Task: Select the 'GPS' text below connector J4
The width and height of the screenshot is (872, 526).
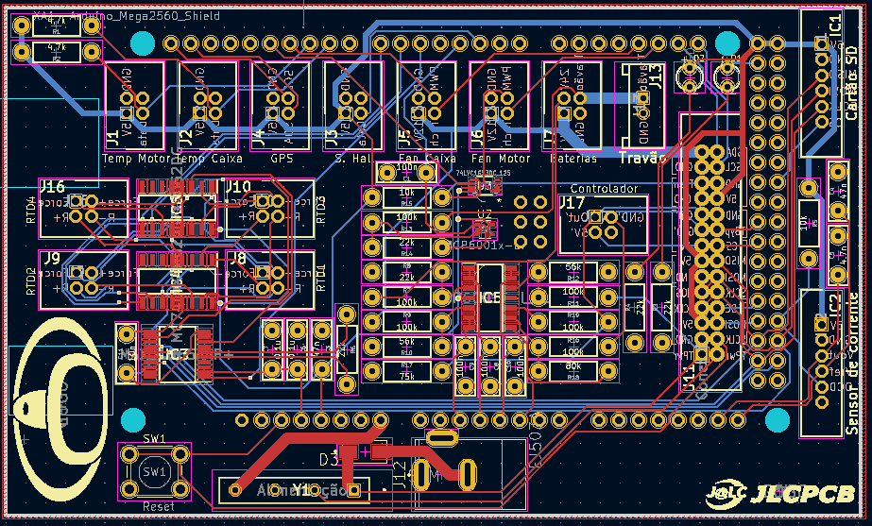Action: [282, 159]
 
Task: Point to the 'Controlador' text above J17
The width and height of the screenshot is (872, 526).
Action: [604, 189]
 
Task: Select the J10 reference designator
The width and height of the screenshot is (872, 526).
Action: [238, 187]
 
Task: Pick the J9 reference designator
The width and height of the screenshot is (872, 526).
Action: [52, 257]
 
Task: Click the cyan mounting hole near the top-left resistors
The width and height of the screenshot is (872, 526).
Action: [142, 43]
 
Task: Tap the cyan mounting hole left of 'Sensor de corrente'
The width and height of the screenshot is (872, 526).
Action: [777, 419]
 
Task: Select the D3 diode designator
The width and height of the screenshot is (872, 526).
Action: [328, 460]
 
